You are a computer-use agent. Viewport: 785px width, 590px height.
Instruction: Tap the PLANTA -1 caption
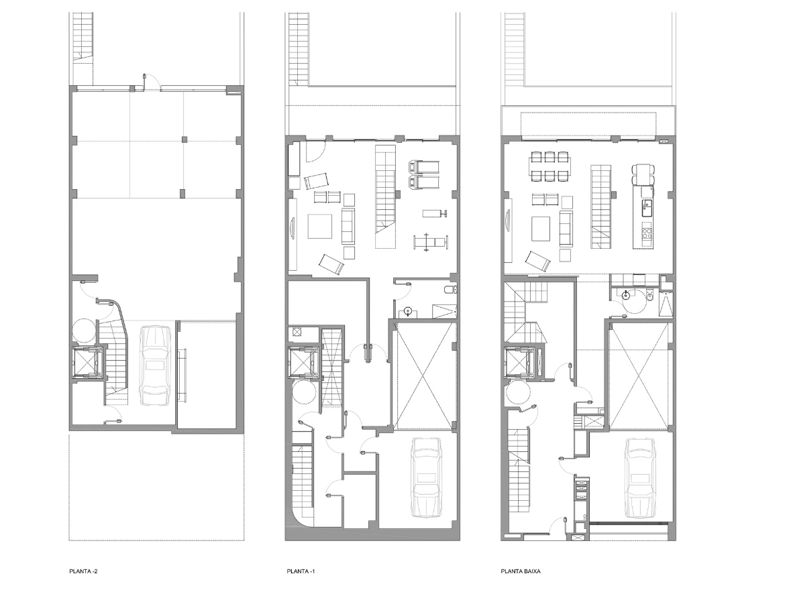[301, 572]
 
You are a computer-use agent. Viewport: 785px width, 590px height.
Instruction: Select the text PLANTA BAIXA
[521, 572]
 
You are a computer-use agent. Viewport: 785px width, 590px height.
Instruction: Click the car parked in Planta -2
[154, 365]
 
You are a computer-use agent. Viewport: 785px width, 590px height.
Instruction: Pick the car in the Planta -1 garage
[427, 477]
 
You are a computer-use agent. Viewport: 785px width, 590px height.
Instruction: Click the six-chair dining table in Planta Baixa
[550, 166]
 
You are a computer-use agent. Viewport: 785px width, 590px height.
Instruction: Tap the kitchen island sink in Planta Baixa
[647, 204]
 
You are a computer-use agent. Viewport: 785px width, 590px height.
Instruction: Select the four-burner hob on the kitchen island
[647, 234]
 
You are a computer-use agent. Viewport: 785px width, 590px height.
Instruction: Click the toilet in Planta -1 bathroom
[451, 290]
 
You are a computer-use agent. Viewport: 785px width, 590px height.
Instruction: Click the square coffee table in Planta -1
[320, 227]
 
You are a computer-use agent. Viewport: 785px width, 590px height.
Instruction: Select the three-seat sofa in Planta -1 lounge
[348, 227]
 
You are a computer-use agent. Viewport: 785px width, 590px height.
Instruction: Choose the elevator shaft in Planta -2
[89, 363]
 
